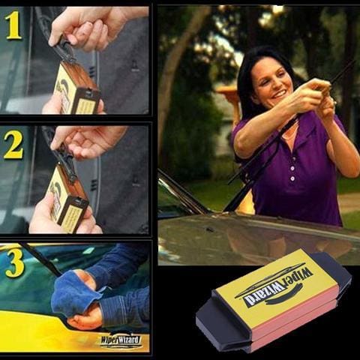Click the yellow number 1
point(13,25)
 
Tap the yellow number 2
point(13,145)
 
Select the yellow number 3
point(15,263)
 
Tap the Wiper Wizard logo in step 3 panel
point(121,340)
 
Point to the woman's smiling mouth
point(280,94)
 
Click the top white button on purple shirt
point(292,168)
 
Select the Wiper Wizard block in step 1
point(77,88)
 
